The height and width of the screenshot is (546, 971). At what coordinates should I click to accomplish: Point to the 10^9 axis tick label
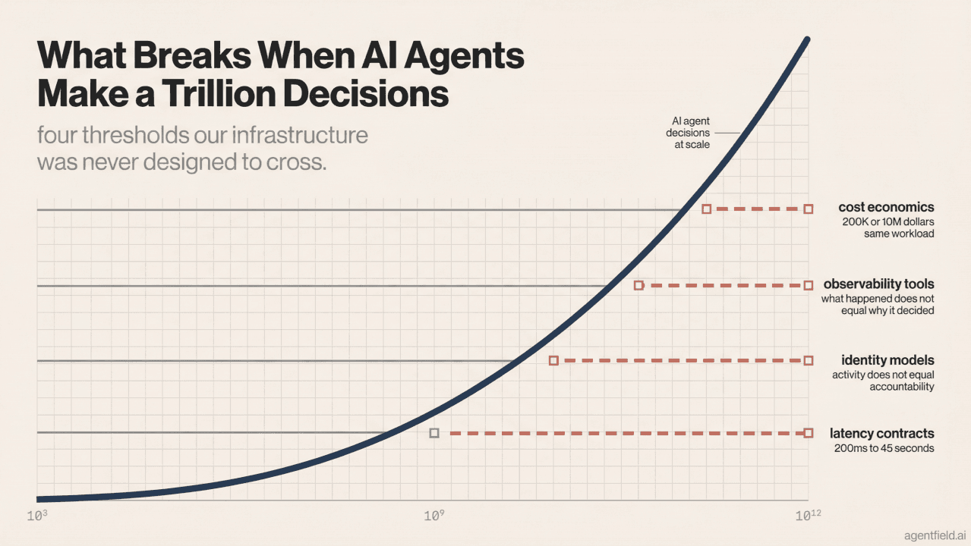(433, 516)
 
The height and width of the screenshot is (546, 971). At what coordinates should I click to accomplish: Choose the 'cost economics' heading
(886, 207)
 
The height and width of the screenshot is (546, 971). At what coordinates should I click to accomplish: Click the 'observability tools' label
(878, 285)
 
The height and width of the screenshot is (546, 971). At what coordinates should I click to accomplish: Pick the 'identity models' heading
(887, 359)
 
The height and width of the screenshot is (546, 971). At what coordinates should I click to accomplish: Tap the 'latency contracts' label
(881, 434)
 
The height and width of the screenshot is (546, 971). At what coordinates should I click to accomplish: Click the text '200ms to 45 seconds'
(884, 448)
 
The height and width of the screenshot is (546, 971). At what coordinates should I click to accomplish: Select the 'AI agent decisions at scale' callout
(691, 133)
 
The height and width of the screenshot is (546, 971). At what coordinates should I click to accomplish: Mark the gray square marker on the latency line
(434, 433)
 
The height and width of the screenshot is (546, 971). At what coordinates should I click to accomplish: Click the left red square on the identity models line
(553, 360)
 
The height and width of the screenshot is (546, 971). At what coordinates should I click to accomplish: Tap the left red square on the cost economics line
(706, 209)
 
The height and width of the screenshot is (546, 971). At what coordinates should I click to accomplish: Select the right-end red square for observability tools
(808, 285)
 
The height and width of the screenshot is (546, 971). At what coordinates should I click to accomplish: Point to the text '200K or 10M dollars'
(887, 221)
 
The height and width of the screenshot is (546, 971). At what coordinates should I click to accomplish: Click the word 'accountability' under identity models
(901, 387)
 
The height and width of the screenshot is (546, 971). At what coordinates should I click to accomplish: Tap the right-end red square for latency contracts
(808, 433)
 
